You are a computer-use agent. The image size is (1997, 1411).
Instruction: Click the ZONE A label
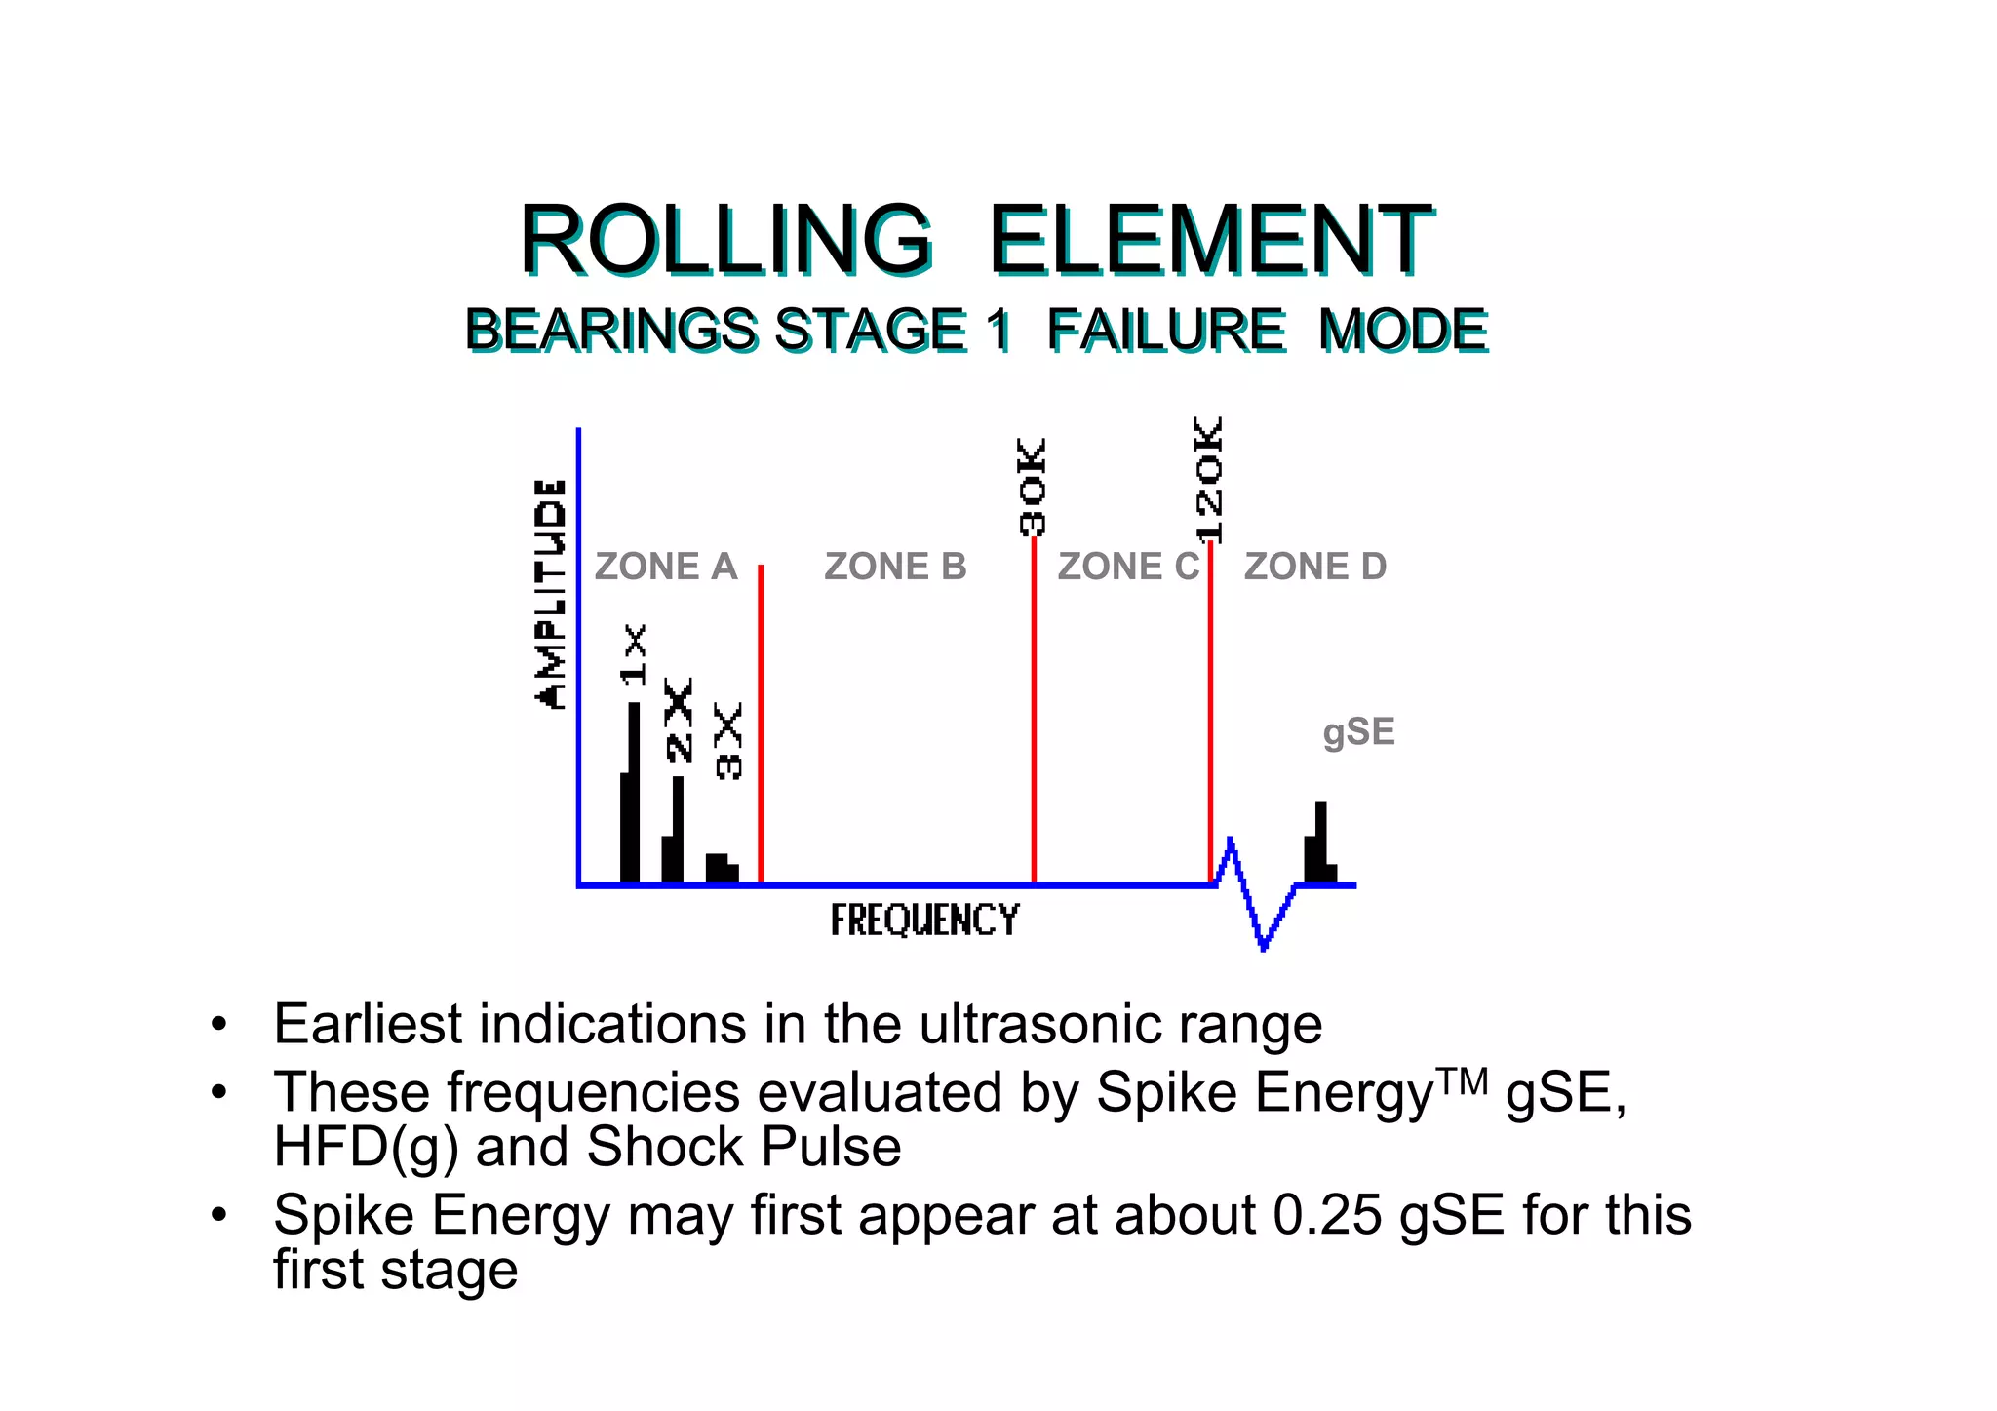click(x=665, y=567)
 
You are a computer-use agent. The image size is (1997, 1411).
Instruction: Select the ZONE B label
click(x=895, y=567)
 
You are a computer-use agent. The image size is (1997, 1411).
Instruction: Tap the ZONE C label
click(x=1128, y=567)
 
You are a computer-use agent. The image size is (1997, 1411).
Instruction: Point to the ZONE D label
click(x=1314, y=567)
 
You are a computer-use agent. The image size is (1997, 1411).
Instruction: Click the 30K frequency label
click(x=1033, y=487)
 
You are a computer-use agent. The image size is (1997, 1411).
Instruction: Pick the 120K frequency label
click(x=1208, y=480)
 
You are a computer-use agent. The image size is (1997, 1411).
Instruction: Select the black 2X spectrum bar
click(x=674, y=834)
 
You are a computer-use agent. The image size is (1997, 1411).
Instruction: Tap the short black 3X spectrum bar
click(x=721, y=867)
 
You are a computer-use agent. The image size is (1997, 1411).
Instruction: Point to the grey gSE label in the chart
click(x=1358, y=732)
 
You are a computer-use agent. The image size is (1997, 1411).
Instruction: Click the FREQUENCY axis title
click(x=924, y=921)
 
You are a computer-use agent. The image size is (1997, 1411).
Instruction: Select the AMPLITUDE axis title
click(x=551, y=594)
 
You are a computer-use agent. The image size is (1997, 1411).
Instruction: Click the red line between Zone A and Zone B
click(x=761, y=722)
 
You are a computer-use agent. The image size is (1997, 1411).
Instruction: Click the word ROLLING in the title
click(x=725, y=240)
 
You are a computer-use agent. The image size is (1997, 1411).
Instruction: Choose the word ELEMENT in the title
click(x=1210, y=240)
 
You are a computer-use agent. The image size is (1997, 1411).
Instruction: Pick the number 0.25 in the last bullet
click(x=1327, y=1216)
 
